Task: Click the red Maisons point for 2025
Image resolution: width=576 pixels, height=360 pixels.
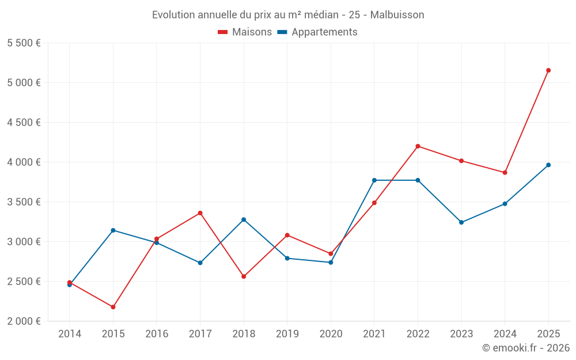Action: [548, 70]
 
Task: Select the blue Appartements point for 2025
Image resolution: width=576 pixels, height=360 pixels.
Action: [548, 165]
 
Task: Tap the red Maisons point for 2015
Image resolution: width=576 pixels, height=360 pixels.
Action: [113, 307]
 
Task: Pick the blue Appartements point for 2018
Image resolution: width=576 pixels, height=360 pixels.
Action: [244, 219]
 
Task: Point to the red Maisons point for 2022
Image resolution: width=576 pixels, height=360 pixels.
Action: [418, 146]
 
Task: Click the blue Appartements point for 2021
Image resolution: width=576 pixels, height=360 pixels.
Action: [374, 180]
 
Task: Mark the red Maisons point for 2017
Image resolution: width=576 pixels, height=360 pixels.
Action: [200, 213]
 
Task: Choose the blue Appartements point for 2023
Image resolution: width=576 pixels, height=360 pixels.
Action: [461, 222]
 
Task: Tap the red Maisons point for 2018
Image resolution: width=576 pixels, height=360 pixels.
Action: [244, 276]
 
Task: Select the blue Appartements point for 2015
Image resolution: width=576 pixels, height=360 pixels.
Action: [113, 230]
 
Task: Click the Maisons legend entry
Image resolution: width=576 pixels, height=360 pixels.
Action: [245, 32]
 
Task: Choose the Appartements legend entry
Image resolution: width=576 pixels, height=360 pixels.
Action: [317, 32]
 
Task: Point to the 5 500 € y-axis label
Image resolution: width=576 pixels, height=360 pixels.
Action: [24, 43]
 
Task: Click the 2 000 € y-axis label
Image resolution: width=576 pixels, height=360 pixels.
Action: [24, 321]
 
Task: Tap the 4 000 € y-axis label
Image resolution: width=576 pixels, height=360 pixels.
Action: [24, 162]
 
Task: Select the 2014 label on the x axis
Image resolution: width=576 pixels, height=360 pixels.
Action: [70, 334]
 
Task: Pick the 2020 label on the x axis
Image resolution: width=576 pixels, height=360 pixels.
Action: [331, 334]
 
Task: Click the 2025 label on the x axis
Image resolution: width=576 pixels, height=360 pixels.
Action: [548, 334]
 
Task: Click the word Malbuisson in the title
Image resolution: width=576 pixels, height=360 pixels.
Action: [397, 15]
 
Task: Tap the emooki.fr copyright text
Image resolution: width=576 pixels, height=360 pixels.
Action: [526, 347]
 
